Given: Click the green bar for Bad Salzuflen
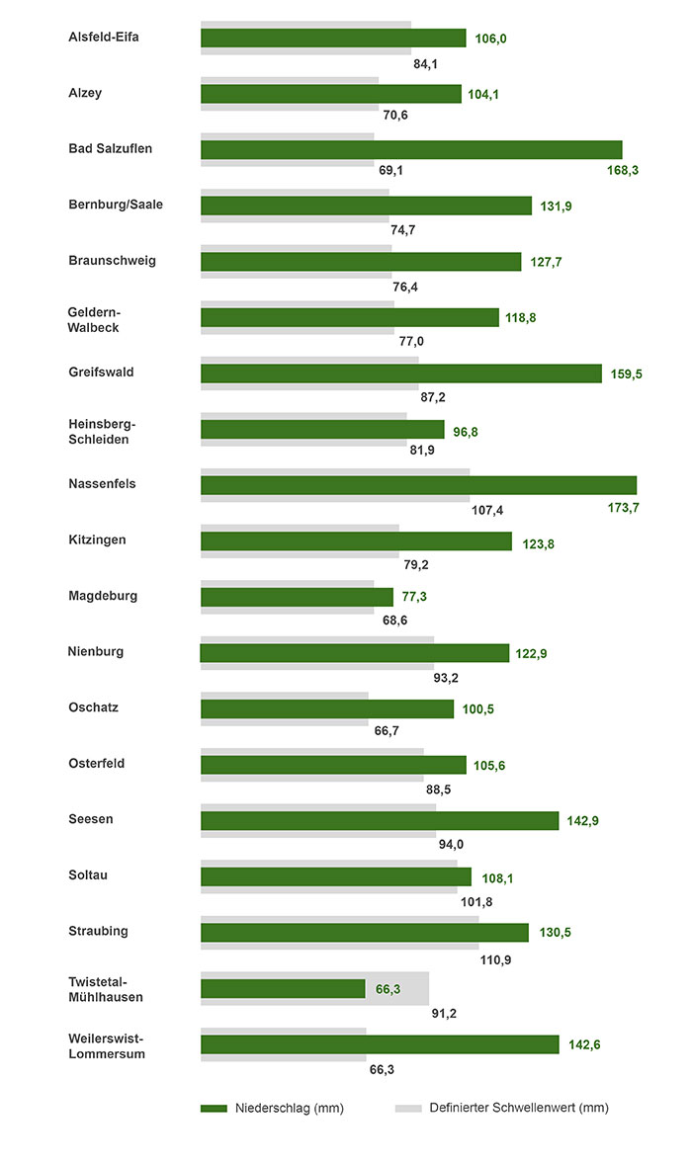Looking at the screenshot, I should (411, 149).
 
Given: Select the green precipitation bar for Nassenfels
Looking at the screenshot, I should (418, 485).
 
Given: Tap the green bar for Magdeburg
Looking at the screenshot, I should (297, 597).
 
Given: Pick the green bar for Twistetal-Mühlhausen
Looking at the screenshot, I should (283, 988).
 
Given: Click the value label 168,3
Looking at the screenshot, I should (621, 171).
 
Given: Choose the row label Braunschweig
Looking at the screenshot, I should (112, 261).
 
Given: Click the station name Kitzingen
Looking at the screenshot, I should (97, 540).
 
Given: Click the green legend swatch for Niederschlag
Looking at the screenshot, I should (214, 1108).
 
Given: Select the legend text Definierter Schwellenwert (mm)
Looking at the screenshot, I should (519, 1108).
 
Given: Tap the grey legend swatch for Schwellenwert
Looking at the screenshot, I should (408, 1108).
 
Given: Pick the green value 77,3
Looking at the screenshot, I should (414, 597).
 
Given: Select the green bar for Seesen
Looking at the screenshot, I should (380, 820).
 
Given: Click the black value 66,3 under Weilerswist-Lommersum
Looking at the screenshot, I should (382, 1069).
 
